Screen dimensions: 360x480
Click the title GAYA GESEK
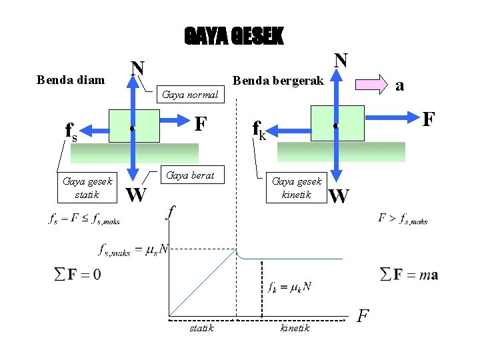tap(233, 37)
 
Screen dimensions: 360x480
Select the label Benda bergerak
tap(277, 80)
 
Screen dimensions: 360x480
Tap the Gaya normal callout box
tap(190, 95)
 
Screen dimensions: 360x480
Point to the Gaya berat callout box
tap(190, 175)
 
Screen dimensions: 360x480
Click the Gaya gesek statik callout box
tap(87, 187)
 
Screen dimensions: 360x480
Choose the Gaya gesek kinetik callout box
tap(297, 187)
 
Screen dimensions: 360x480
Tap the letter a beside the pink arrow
tap(399, 85)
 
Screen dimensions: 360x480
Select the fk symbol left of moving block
tap(258, 128)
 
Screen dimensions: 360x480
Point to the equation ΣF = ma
tap(409, 275)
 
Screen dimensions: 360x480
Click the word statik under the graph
tap(201, 328)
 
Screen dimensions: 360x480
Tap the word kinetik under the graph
tap(295, 328)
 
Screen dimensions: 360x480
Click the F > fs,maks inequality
tap(403, 218)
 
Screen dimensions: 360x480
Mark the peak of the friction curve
tap(237, 249)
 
